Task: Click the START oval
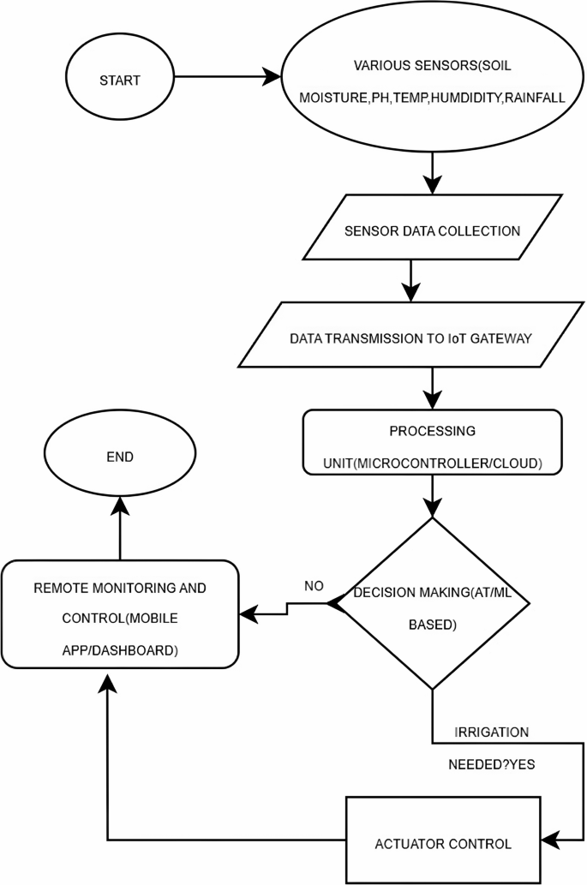(120, 80)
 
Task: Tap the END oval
(120, 457)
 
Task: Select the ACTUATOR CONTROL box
(443, 843)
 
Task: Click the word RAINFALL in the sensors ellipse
(535, 99)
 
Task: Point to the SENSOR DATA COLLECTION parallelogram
(431, 230)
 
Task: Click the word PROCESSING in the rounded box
(431, 430)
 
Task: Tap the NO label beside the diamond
(314, 586)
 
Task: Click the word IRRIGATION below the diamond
(491, 733)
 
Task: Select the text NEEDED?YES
(493, 764)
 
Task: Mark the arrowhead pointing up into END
(119, 505)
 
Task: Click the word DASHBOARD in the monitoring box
(142, 651)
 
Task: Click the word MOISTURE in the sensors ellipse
(332, 99)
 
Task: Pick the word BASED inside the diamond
(431, 625)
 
